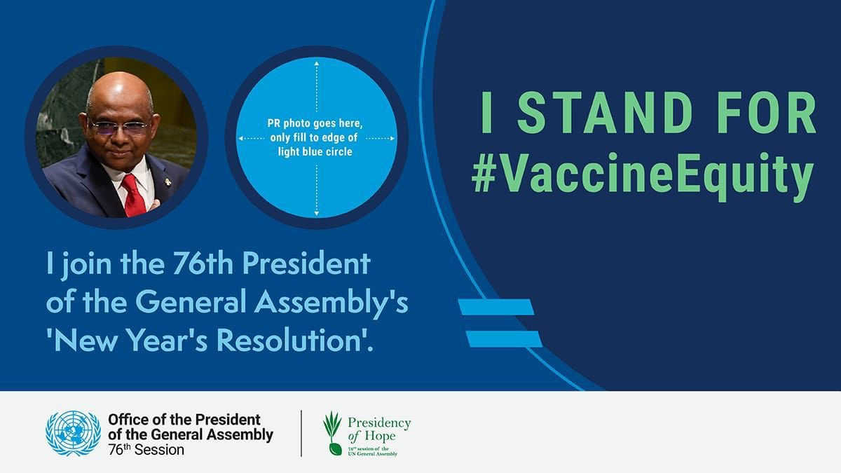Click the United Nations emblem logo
tap(73, 433)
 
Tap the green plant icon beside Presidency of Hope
tap(333, 433)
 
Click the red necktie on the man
tap(133, 196)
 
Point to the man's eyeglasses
tap(119, 127)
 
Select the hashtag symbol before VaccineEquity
tap(484, 176)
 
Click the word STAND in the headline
tap(605, 112)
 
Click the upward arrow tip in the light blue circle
tap(317, 64)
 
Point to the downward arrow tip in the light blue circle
tap(317, 214)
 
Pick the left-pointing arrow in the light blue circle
tap(252, 139)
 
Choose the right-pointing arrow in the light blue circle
tap(381, 139)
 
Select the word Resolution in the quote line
tap(288, 340)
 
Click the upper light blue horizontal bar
tap(496, 307)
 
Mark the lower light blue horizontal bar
tap(504, 339)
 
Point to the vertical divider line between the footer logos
tap(301, 433)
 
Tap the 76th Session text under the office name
tap(146, 450)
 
